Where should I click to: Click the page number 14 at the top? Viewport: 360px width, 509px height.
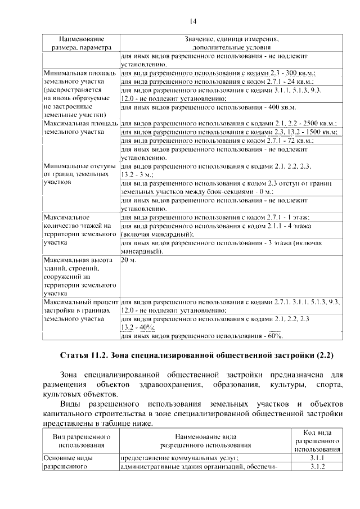click(192, 21)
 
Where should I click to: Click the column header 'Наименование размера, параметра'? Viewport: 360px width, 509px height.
click(82, 43)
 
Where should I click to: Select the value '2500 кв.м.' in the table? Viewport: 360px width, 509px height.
click(319, 123)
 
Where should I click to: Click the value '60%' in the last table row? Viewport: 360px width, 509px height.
click(274, 336)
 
